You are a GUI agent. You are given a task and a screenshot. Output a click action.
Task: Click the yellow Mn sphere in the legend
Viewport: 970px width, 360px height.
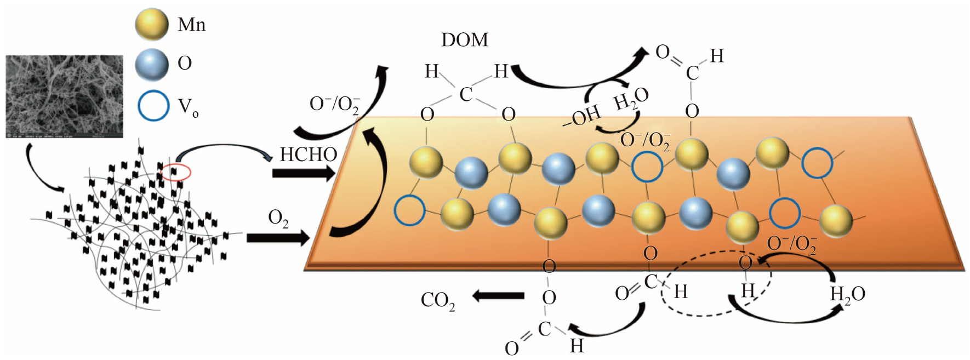[x=151, y=25]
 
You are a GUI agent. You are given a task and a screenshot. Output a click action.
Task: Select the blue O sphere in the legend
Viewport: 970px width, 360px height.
[x=151, y=64]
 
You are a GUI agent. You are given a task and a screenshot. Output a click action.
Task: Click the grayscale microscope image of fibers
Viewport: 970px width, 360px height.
[x=64, y=96]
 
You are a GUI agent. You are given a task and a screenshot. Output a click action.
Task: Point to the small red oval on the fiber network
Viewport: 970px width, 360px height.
[x=176, y=172]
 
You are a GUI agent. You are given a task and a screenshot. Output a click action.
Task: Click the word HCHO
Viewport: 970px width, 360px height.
[x=308, y=155]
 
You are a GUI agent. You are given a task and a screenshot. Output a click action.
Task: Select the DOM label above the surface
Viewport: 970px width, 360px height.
[x=464, y=40]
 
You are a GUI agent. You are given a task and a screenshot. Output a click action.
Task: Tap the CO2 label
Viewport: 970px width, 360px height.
[x=438, y=300]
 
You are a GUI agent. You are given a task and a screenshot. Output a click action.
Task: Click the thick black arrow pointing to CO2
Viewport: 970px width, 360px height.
[x=499, y=296]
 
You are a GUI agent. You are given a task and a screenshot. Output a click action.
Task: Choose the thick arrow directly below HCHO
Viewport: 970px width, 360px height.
[x=303, y=174]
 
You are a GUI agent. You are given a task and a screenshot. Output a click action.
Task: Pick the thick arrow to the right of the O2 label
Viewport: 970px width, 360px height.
[x=279, y=238]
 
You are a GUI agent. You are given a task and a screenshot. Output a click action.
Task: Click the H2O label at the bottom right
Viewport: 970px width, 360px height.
[x=847, y=294]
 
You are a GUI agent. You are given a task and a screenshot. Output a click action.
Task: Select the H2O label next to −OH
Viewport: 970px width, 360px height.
[x=631, y=99]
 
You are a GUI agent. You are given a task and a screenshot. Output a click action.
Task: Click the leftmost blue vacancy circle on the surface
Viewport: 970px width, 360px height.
[x=409, y=210]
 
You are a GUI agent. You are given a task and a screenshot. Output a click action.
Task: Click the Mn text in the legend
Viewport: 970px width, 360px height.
[x=191, y=25]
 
